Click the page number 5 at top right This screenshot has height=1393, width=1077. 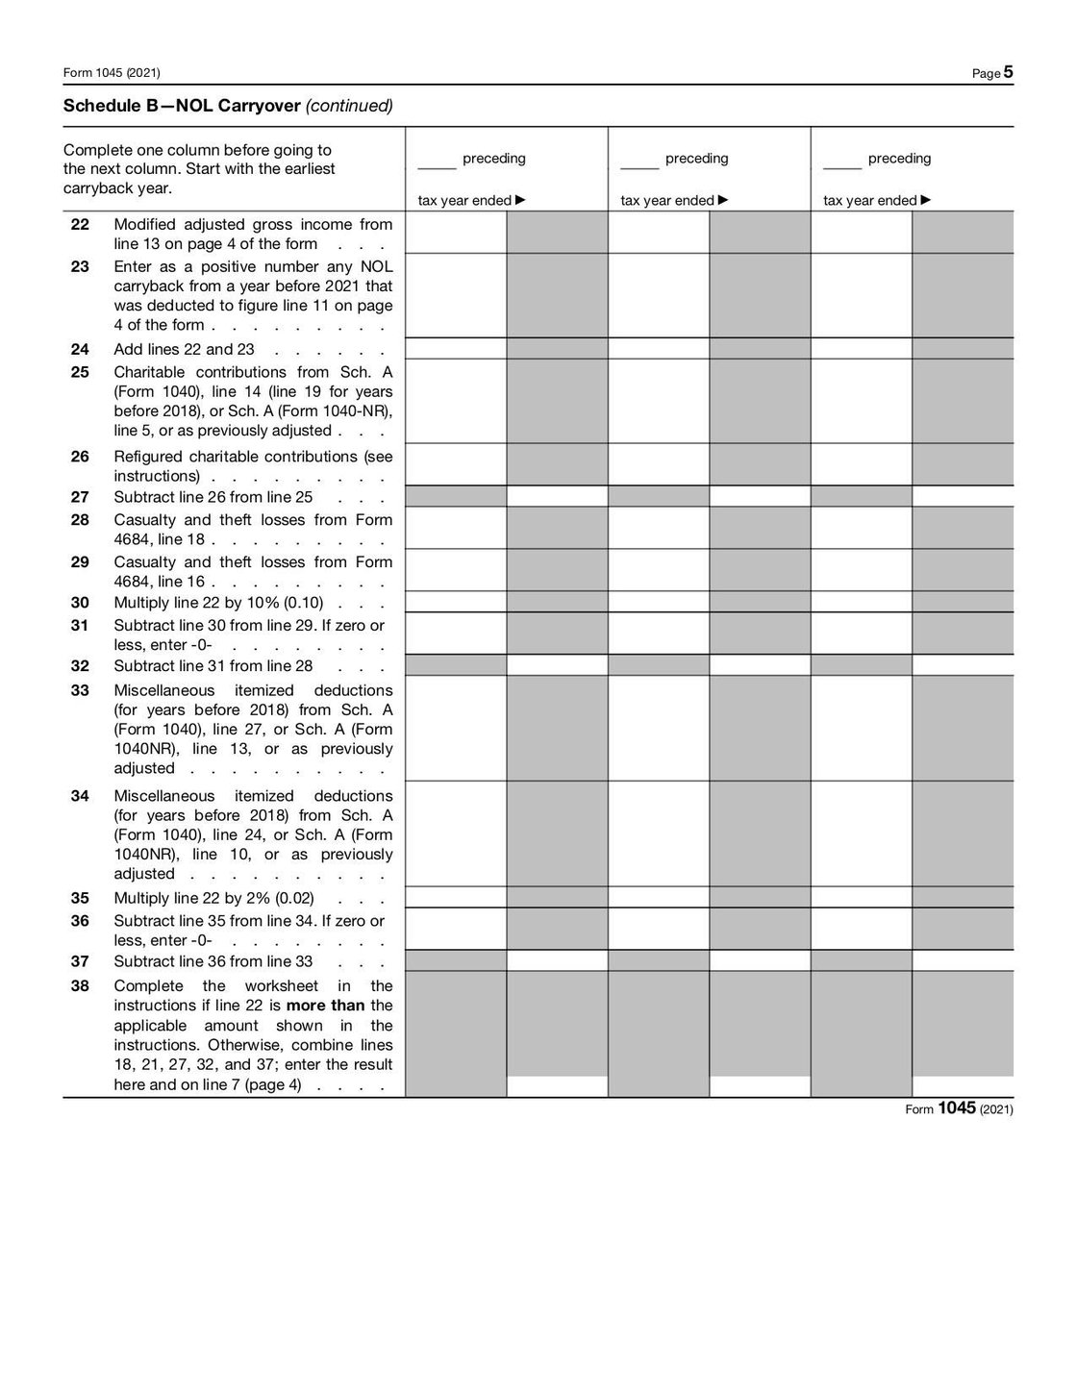pos(1008,72)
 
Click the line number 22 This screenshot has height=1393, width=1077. pos(80,225)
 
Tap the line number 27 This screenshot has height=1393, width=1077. pos(80,497)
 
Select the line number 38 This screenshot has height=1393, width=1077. pos(80,985)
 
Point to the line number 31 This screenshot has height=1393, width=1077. pos(80,625)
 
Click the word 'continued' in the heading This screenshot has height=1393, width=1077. pos(349,106)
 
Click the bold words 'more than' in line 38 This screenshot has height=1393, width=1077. pos(326,1006)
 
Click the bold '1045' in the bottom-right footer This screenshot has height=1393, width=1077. pos(957,1108)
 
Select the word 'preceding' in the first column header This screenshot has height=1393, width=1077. pos(494,159)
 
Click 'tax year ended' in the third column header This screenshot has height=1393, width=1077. pos(869,201)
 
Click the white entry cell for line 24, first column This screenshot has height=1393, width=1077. pos(456,349)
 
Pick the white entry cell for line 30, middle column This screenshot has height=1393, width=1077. pos(659,602)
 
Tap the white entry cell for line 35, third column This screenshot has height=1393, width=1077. pos(862,897)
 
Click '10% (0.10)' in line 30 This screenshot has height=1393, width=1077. pos(287,603)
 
